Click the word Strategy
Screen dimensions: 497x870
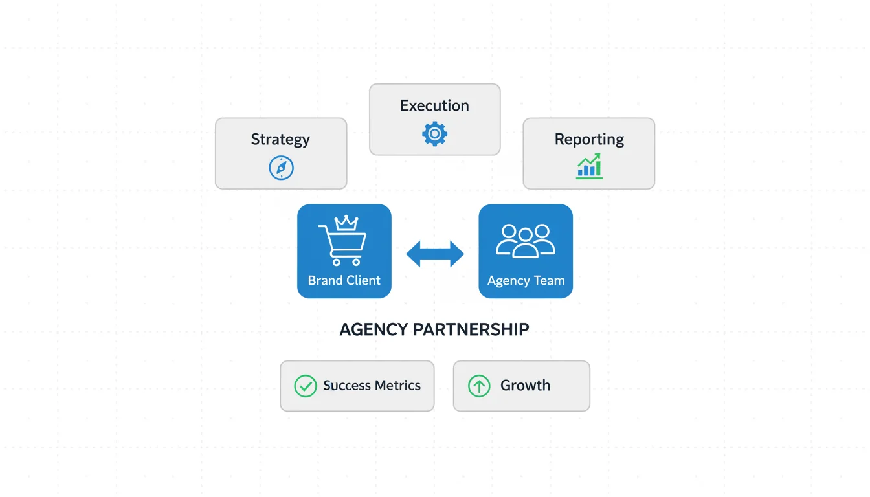click(x=280, y=139)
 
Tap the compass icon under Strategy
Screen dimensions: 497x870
click(x=281, y=168)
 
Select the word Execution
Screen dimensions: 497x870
click(x=434, y=105)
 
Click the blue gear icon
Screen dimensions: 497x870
click(x=434, y=134)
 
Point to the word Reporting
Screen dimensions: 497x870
click(x=589, y=139)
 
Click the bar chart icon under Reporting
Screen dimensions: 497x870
click(x=589, y=166)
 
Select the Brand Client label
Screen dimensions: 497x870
click(x=344, y=280)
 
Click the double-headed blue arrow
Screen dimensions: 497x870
click(x=434, y=254)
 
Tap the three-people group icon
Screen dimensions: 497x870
click(x=525, y=241)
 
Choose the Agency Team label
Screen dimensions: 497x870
click(x=526, y=280)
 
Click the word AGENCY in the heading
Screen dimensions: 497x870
click(x=374, y=329)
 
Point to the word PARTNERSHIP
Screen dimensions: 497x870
click(x=471, y=329)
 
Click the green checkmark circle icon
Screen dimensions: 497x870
click(x=305, y=386)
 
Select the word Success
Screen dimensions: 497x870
click(x=347, y=386)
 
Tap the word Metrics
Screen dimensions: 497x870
click(x=398, y=386)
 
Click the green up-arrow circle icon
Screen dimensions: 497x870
click(x=479, y=386)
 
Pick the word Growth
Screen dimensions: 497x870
click(x=525, y=386)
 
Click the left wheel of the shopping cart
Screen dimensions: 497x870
click(x=337, y=262)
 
